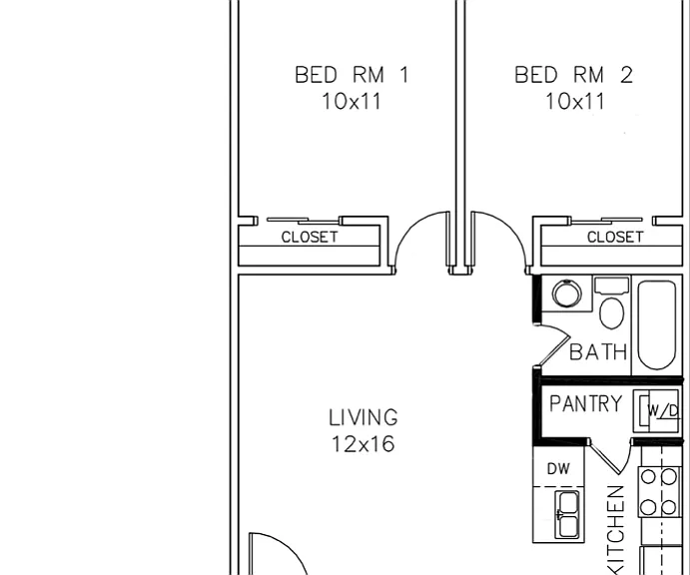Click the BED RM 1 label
click(x=352, y=74)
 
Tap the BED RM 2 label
click(x=574, y=74)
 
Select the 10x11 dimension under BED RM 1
click(x=351, y=101)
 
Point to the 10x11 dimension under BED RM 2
click(x=575, y=101)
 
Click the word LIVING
click(x=363, y=417)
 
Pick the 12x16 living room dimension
click(x=363, y=444)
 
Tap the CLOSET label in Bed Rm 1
click(x=310, y=238)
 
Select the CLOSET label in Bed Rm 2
click(x=615, y=238)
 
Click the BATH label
click(x=598, y=352)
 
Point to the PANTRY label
click(x=586, y=403)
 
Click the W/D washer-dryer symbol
click(x=656, y=411)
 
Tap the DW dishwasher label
click(x=558, y=469)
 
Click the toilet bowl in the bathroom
click(x=612, y=313)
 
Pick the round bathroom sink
click(x=566, y=293)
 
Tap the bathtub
click(x=657, y=325)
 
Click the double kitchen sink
click(x=568, y=515)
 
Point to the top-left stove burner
click(x=648, y=477)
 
